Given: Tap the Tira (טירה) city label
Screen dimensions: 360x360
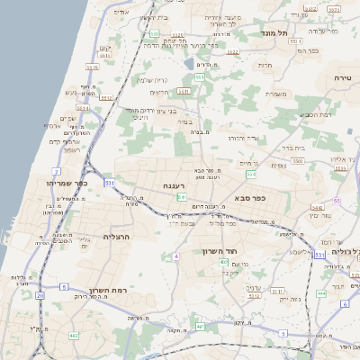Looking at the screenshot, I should tap(341, 79).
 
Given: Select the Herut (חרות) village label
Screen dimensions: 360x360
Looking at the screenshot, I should tap(265, 65).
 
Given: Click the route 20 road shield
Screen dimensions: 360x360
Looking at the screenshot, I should tap(40, 294).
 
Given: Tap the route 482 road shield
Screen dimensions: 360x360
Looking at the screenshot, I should tap(73, 335).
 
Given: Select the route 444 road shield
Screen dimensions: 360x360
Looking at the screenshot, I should tap(321, 292).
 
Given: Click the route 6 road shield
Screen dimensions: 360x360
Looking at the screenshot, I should tap(344, 304).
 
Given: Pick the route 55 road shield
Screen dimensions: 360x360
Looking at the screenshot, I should tap(337, 202).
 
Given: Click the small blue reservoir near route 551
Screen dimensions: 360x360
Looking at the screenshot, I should tap(188, 63).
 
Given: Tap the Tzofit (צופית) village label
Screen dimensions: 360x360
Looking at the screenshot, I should tap(278, 165).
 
